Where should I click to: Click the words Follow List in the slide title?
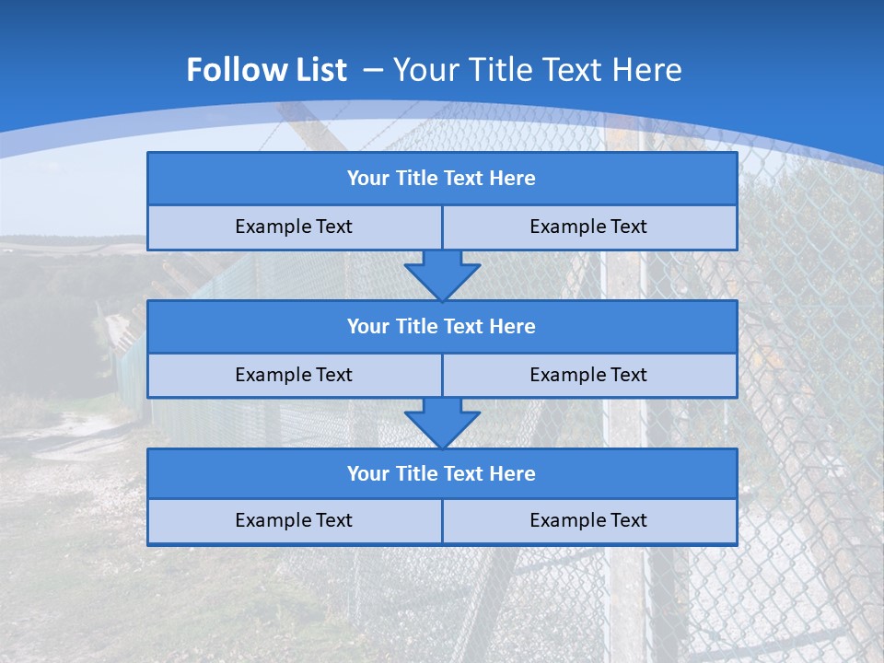tap(266, 70)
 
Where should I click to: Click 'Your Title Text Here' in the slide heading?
tap(538, 70)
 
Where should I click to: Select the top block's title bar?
tap(442, 179)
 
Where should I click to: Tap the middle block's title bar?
tap(442, 327)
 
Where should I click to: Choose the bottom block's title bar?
tap(442, 474)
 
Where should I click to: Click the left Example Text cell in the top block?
tap(294, 227)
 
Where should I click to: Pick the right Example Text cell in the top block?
tap(588, 227)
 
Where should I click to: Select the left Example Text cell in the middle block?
tap(294, 376)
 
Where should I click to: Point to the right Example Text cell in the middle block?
tap(588, 376)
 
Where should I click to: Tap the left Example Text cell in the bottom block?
tap(294, 521)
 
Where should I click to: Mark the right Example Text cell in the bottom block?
tap(588, 521)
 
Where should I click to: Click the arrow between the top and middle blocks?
tap(442, 275)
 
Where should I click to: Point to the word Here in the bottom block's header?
tap(513, 474)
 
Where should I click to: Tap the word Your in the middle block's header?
tap(367, 327)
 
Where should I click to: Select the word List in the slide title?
tap(320, 70)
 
